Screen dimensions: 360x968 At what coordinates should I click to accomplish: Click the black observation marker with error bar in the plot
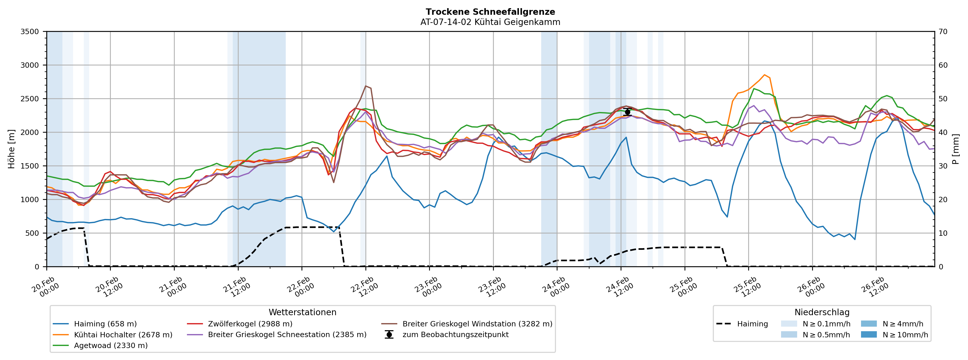point(627,112)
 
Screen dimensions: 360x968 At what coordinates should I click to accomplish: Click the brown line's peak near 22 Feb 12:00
point(366,86)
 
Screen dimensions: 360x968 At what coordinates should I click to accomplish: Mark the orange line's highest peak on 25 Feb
point(764,75)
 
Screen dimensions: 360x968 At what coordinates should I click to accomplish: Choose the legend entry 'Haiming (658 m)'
point(105,324)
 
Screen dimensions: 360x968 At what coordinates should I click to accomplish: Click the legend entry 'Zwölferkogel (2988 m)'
point(250,324)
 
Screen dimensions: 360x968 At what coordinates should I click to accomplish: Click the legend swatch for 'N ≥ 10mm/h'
point(868,335)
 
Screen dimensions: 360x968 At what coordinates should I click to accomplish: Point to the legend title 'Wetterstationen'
point(303,312)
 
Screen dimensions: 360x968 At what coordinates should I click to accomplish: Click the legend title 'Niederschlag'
point(822,312)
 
